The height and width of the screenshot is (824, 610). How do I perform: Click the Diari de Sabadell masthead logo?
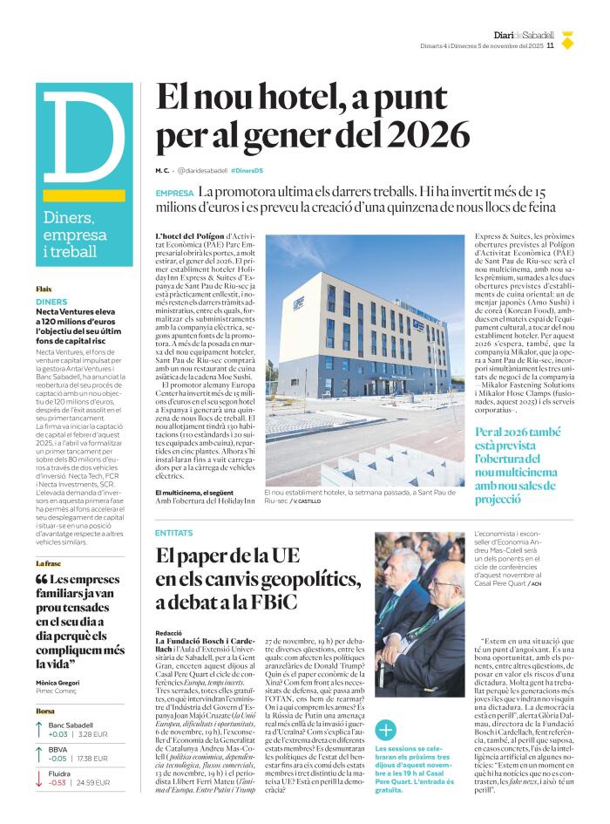(524, 35)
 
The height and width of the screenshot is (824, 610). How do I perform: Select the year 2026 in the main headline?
(428, 135)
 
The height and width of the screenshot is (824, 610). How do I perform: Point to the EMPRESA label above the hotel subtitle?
(174, 193)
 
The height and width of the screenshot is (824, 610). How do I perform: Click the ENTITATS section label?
(174, 532)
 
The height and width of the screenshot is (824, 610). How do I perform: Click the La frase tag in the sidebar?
(51, 563)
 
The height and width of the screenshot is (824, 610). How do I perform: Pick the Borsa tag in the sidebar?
(44, 712)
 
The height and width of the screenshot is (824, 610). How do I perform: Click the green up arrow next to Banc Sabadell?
(40, 731)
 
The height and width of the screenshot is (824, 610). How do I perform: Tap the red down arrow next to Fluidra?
(40, 778)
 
